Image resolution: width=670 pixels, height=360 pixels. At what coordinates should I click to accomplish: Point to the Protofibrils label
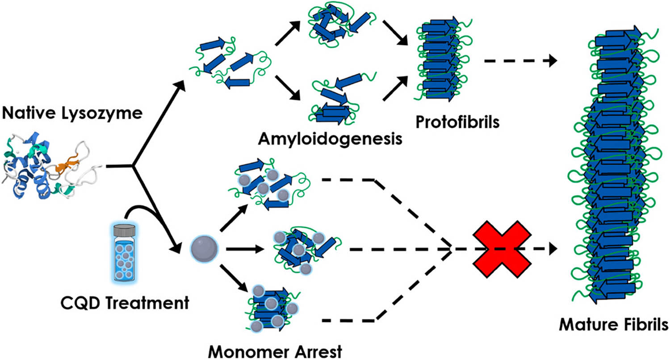tap(457, 121)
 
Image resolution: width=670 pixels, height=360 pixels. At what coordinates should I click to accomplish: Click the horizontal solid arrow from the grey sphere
tap(243, 248)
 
